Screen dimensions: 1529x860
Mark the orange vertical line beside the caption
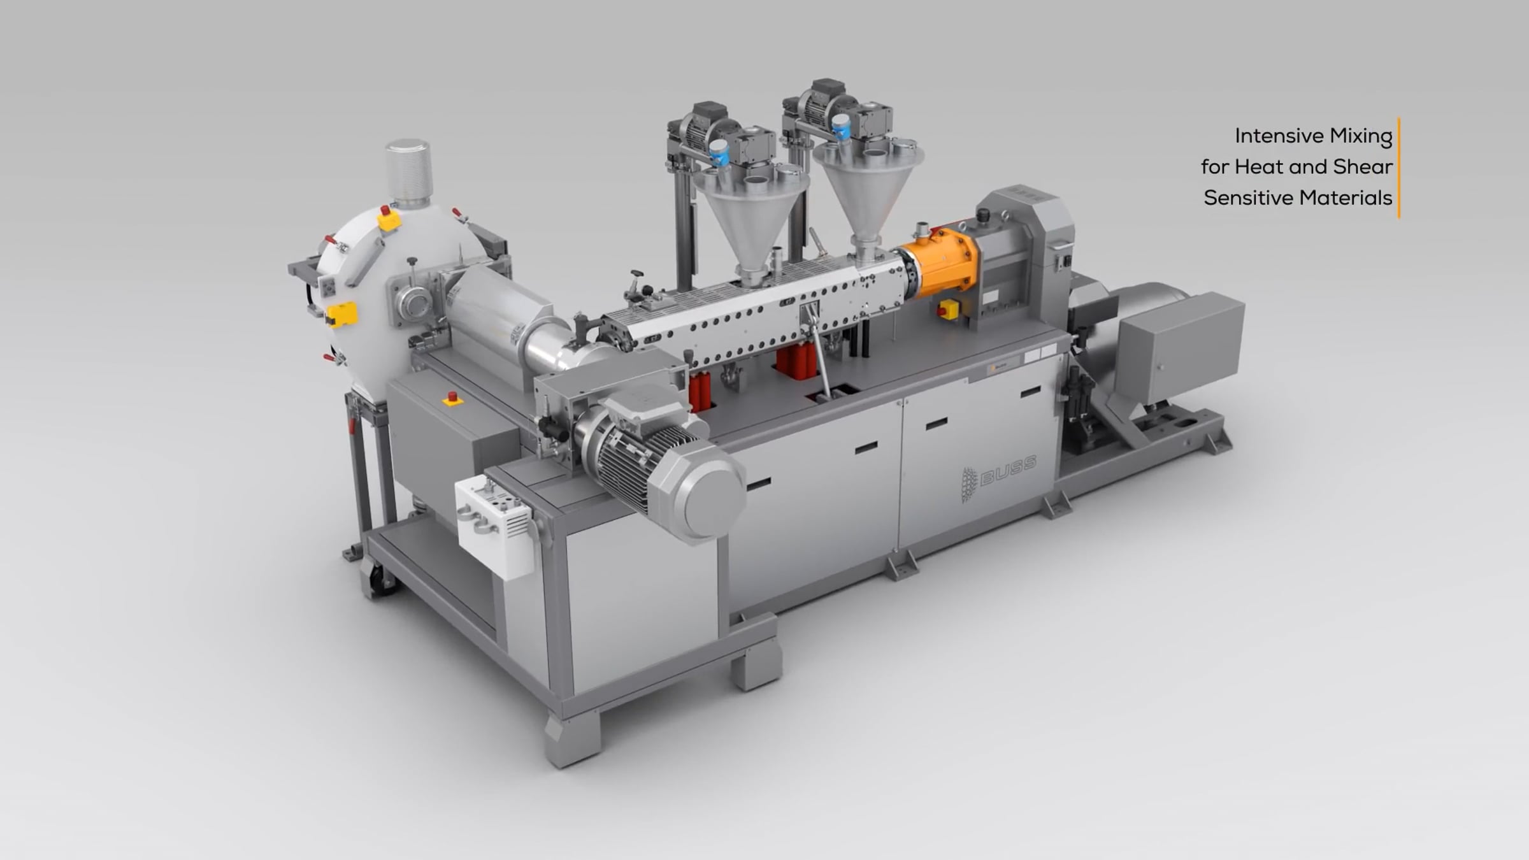point(1398,168)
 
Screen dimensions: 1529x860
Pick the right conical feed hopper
point(868,191)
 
